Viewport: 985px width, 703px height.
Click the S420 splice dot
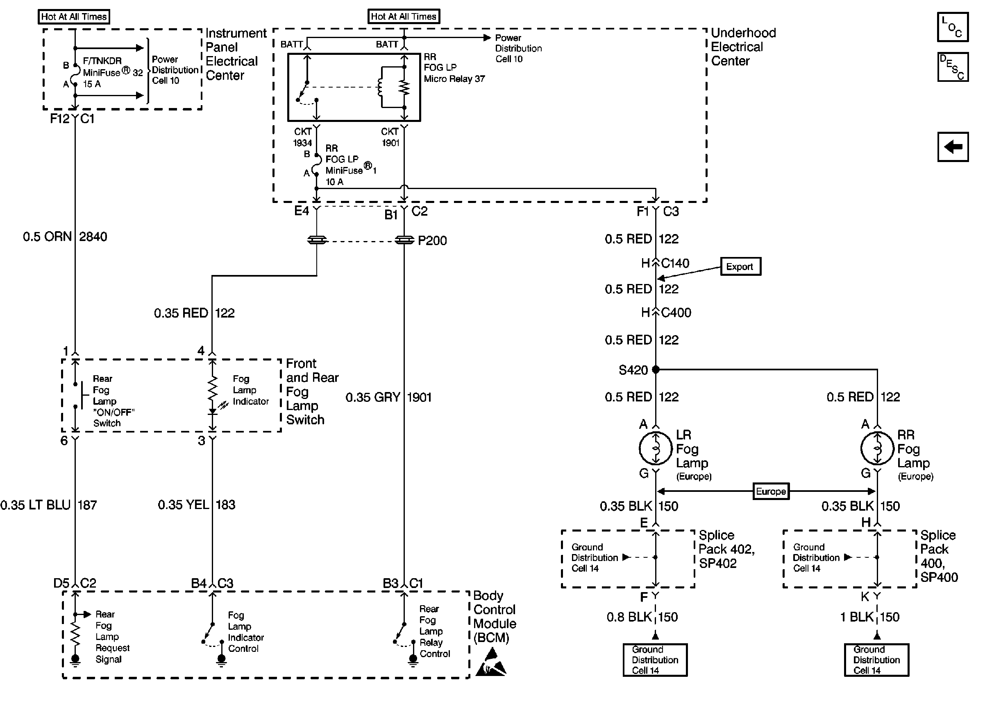click(x=656, y=369)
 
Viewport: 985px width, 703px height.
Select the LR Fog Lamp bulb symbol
click(x=656, y=448)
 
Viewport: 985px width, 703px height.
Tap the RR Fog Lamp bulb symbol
click(x=877, y=448)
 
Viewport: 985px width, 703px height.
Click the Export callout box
click(x=740, y=267)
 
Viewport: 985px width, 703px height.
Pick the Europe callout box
click(x=770, y=491)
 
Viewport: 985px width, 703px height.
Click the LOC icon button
click(x=953, y=27)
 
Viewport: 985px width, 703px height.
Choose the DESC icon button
click(x=953, y=67)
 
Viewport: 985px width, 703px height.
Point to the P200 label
click(x=432, y=241)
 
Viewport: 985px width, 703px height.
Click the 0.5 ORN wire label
click(x=47, y=237)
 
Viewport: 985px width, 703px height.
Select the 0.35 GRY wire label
click(x=373, y=397)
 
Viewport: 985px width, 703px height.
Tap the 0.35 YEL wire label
click(x=183, y=505)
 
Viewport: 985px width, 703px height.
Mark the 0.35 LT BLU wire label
click(x=36, y=505)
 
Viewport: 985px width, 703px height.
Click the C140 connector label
click(x=675, y=263)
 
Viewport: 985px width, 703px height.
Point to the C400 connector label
click(x=676, y=313)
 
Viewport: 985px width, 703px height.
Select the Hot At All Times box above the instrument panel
click(x=74, y=17)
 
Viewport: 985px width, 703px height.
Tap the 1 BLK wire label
click(x=857, y=617)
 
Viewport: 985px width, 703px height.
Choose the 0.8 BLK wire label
click(x=629, y=617)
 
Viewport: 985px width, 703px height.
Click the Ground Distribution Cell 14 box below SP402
click(x=655, y=660)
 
